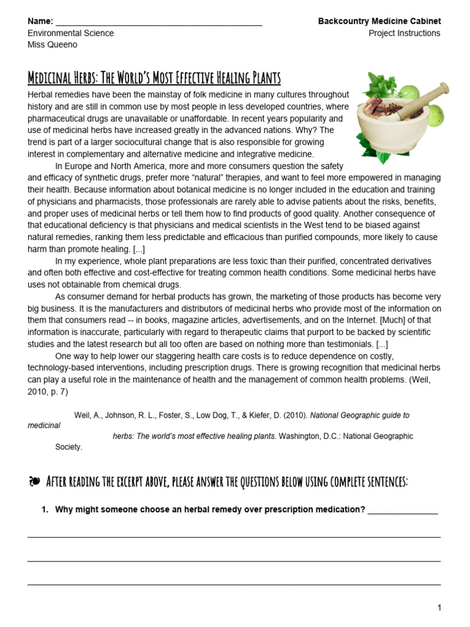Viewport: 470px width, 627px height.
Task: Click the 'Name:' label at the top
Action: (40, 21)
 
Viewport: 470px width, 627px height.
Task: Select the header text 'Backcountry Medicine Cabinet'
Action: (379, 21)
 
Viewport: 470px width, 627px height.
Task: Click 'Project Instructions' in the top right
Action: (404, 33)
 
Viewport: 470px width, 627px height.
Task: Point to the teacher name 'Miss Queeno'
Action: (53, 45)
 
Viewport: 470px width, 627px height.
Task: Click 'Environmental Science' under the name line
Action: (71, 33)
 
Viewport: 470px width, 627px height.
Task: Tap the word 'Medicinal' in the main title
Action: (51, 78)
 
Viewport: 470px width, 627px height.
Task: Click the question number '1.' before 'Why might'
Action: (45, 510)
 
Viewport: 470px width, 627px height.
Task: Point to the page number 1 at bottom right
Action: (438, 607)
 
